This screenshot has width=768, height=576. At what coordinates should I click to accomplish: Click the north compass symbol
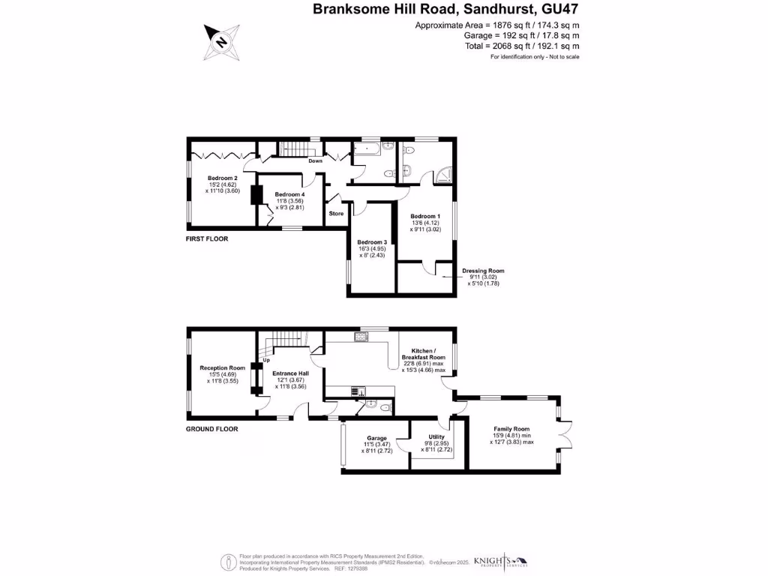[223, 42]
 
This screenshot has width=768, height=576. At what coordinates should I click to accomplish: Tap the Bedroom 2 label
[223, 178]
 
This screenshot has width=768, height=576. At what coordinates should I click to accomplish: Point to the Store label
[336, 214]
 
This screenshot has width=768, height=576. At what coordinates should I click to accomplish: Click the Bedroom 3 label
[372, 242]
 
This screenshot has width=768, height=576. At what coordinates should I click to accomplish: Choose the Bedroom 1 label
[425, 216]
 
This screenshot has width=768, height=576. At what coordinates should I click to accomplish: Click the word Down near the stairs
[316, 160]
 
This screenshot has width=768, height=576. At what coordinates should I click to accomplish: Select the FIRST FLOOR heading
[207, 238]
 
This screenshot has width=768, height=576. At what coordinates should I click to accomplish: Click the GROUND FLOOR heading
[212, 429]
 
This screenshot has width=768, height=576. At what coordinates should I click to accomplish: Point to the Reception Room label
[223, 368]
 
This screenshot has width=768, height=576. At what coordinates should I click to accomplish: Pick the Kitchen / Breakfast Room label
[423, 354]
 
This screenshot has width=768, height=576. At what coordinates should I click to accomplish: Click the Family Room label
[511, 429]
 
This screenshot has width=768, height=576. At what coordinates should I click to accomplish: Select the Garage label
[376, 438]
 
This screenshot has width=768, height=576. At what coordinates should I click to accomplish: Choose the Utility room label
[436, 436]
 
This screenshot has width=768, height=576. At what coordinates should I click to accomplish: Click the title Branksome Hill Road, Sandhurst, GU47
[446, 10]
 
